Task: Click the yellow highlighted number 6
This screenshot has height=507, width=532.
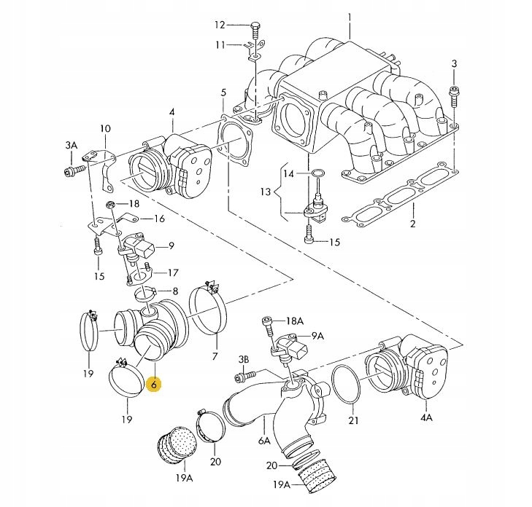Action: (x=154, y=384)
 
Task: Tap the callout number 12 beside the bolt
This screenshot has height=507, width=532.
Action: (x=220, y=25)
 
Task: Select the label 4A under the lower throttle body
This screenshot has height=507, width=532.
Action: (x=426, y=417)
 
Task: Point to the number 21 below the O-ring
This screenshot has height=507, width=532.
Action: (x=353, y=420)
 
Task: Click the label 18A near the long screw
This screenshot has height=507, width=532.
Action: (x=294, y=321)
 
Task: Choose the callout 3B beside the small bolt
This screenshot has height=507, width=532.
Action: (x=243, y=360)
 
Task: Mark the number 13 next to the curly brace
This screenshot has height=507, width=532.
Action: (x=266, y=192)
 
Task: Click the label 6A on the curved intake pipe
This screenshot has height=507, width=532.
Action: (x=264, y=441)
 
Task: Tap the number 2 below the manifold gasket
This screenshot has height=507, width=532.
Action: (x=412, y=224)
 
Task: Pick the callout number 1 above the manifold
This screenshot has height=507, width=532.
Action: (x=350, y=17)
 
